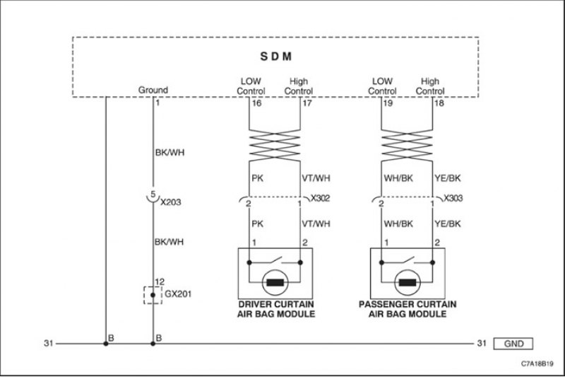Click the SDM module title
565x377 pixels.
(276, 57)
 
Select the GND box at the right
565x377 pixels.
(513, 344)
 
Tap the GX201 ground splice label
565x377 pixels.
(178, 294)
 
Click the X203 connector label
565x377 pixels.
(170, 202)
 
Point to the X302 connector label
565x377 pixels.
(321, 198)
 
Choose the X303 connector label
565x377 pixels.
(453, 198)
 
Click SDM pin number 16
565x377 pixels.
(256, 103)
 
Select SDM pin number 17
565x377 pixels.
(307, 103)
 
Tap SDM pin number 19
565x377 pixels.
(388, 103)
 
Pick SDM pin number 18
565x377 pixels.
(439, 103)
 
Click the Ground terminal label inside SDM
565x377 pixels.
(153, 90)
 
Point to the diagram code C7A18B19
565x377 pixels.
(537, 364)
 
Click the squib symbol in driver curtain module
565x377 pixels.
(275, 282)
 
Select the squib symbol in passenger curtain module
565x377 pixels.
(408, 282)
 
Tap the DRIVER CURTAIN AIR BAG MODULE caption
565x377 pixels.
(276, 309)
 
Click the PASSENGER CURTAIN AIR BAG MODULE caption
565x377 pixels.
(408, 309)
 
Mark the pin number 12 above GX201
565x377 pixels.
(160, 282)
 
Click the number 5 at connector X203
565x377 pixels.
(153, 195)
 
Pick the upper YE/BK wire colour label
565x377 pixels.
(448, 178)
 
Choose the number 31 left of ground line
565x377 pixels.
(49, 343)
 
